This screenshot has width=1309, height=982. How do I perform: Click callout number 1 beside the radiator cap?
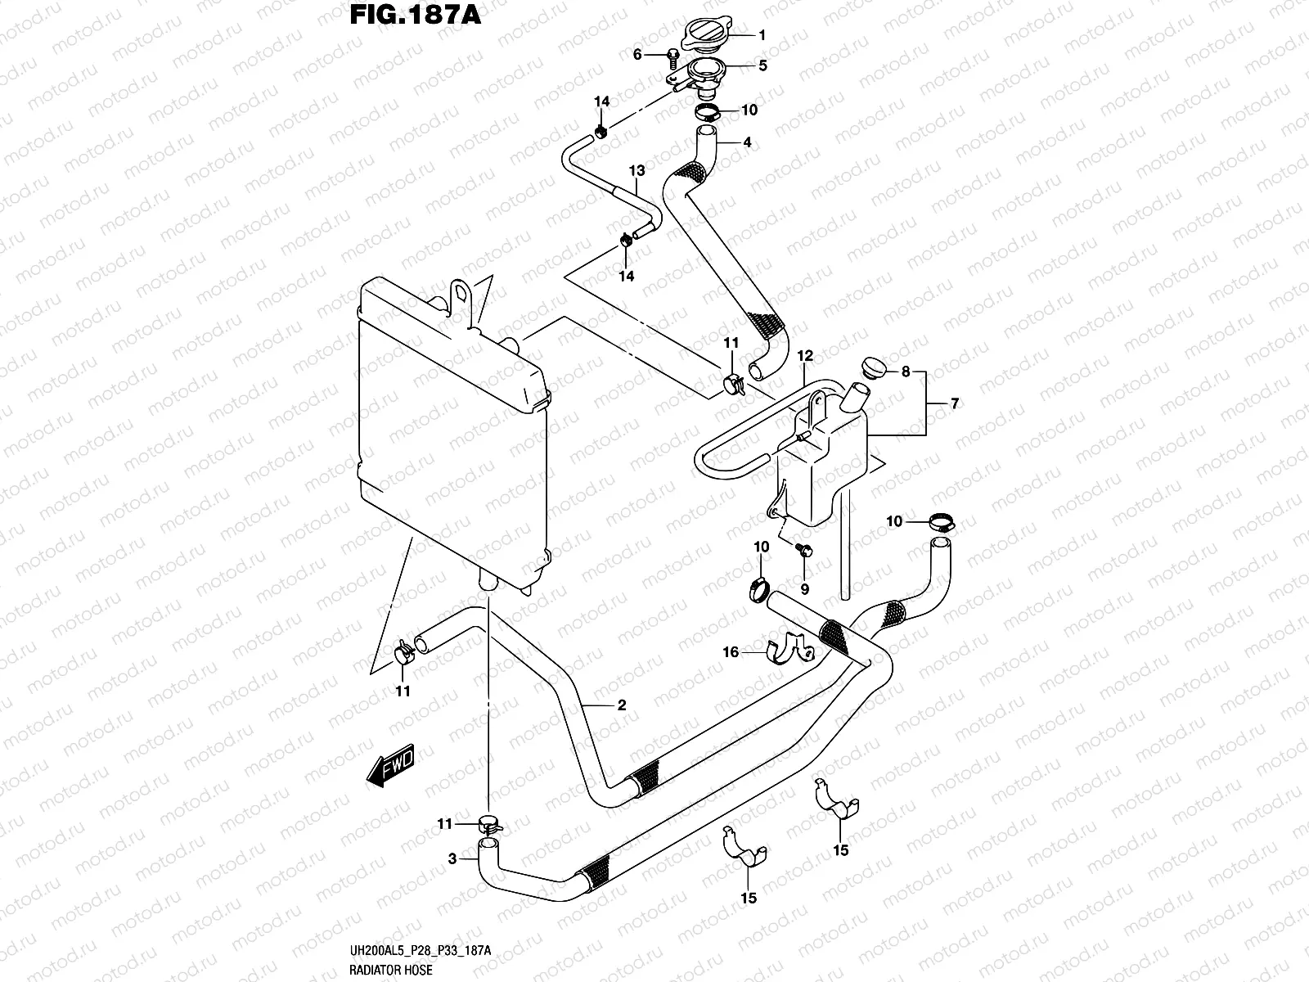(762, 35)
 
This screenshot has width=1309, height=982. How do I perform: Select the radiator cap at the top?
(706, 34)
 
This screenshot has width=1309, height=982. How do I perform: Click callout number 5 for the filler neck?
(762, 65)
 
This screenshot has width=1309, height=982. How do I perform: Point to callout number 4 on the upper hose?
(747, 142)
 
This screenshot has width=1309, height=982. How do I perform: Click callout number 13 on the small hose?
(637, 170)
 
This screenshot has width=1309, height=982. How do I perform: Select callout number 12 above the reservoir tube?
(805, 356)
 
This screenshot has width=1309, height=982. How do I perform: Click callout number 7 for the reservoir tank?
(954, 403)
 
